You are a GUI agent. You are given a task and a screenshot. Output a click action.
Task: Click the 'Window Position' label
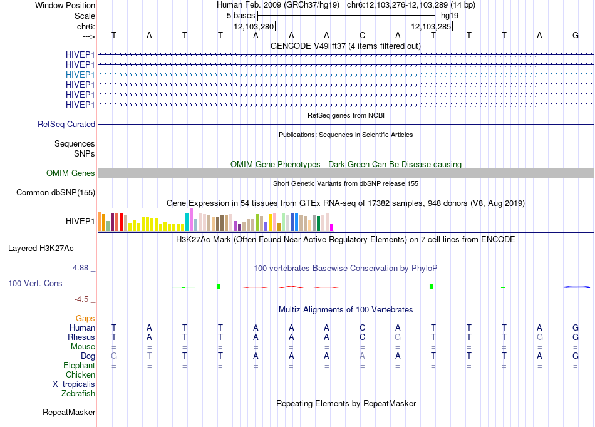[x=65, y=5]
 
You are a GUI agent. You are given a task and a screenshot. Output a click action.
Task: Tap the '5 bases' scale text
[x=241, y=16]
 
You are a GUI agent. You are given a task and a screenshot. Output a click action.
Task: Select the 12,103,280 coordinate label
[x=254, y=26]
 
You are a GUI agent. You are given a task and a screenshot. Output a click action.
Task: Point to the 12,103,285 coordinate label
[x=431, y=26]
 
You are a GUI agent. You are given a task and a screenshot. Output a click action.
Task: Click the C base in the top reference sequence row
[x=363, y=35]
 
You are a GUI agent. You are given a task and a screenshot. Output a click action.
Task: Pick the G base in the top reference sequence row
[x=575, y=35]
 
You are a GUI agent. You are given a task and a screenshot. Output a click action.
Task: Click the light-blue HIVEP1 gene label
[x=80, y=75]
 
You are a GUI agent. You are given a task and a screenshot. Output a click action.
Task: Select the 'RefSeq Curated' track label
[x=66, y=125]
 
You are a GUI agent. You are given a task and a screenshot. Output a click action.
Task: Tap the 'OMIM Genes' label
[x=71, y=173]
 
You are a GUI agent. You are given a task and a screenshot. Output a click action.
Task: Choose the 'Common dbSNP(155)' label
[x=56, y=193]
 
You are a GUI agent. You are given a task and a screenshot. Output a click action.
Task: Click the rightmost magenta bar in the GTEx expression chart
[x=332, y=227]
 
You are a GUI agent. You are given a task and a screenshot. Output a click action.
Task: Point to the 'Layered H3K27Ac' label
[x=41, y=249]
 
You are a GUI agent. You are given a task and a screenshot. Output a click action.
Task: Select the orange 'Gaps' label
[x=85, y=319]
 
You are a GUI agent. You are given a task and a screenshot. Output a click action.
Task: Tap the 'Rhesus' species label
[x=81, y=337]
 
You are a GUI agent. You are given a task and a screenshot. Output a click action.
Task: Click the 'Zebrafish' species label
[x=78, y=394]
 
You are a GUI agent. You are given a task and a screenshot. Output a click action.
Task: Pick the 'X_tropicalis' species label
[x=74, y=384]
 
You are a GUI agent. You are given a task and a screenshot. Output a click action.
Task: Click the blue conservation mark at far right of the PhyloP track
[x=576, y=287]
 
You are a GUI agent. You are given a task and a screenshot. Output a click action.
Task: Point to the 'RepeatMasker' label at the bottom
[x=69, y=412]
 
